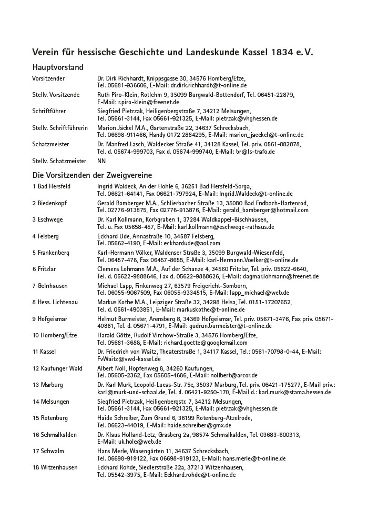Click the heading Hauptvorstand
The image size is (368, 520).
(x=58, y=67)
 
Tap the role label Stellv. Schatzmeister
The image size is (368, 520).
(x=59, y=161)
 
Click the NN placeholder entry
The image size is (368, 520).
(x=101, y=161)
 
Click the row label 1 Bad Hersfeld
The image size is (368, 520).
(x=52, y=186)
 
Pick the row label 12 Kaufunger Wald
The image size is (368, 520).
(x=57, y=368)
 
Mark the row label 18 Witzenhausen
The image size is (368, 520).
(x=55, y=467)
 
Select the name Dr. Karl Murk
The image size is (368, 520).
(x=114, y=385)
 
